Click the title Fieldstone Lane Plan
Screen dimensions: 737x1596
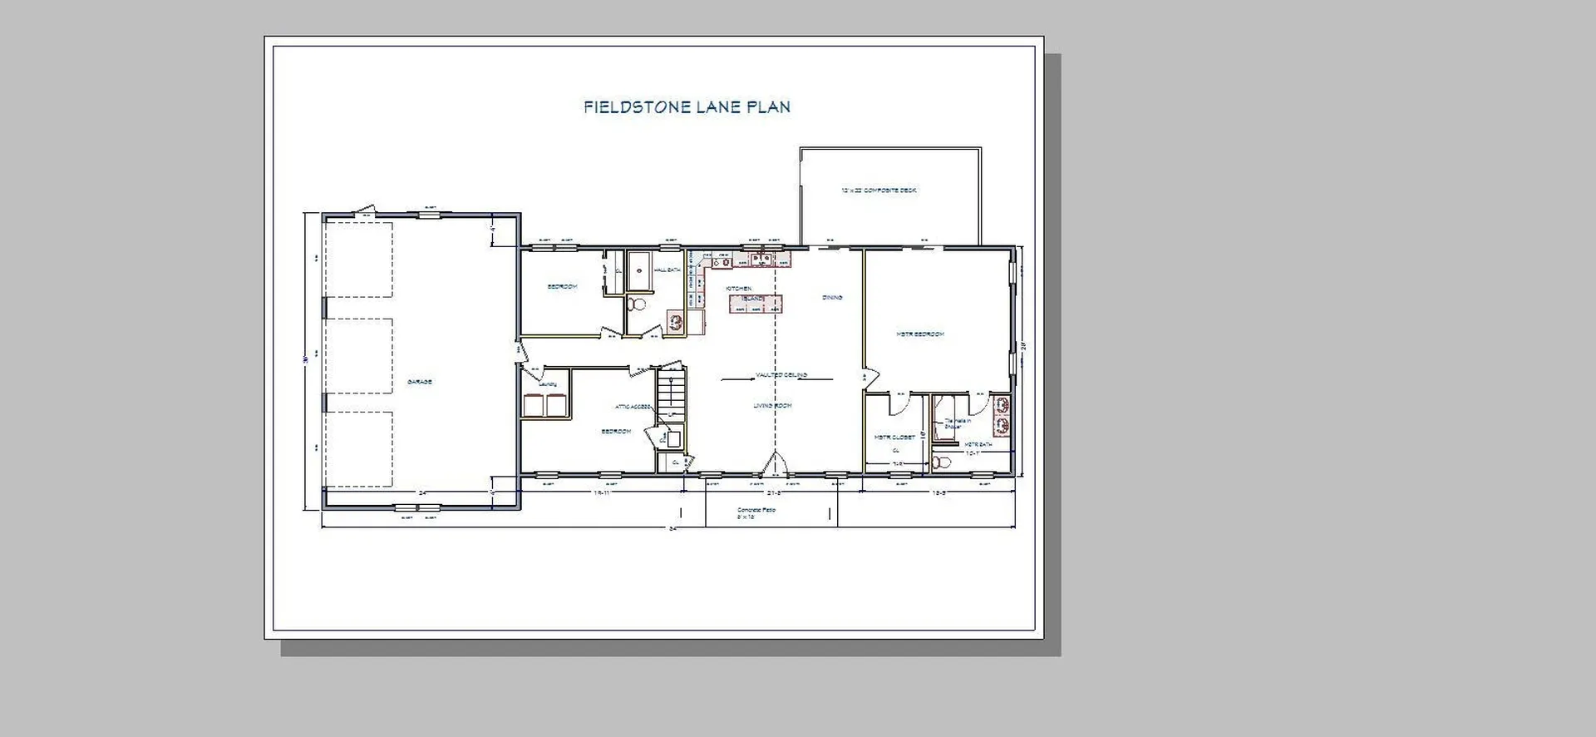coord(687,107)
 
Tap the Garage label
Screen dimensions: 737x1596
coord(419,382)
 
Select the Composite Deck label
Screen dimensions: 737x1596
coord(879,190)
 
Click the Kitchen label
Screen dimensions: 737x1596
coord(738,289)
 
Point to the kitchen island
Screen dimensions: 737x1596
coord(756,304)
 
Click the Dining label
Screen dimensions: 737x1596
coord(832,297)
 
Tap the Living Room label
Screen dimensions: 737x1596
coord(772,406)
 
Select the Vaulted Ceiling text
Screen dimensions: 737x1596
coord(781,375)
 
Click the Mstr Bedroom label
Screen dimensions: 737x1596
coord(919,334)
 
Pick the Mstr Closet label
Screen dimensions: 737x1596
coord(894,437)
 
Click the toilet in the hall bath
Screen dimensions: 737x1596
coord(636,304)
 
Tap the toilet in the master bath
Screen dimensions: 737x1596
coord(941,462)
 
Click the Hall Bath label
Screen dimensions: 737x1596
coord(667,270)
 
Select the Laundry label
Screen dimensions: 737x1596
coord(547,384)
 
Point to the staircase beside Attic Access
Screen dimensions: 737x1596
coord(671,397)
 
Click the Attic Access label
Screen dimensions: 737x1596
coord(633,407)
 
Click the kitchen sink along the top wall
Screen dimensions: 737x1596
coord(761,260)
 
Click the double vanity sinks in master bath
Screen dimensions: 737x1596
coord(1002,414)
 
